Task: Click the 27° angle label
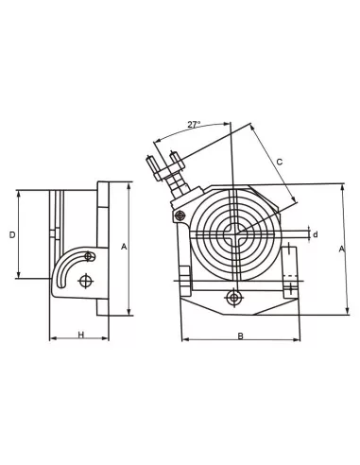(x=194, y=125)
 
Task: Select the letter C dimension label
(x=279, y=161)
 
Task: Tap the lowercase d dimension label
(x=315, y=234)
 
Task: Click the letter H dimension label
(x=80, y=335)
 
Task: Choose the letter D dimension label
(x=11, y=233)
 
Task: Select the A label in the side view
(x=124, y=246)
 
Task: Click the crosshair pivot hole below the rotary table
(x=233, y=298)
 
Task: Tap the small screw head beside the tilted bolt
(x=180, y=217)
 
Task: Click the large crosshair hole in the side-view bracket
(x=87, y=281)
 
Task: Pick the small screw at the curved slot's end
(x=89, y=256)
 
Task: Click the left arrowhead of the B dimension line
(x=182, y=339)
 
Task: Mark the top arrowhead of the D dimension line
(x=19, y=193)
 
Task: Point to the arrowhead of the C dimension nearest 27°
(x=253, y=127)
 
